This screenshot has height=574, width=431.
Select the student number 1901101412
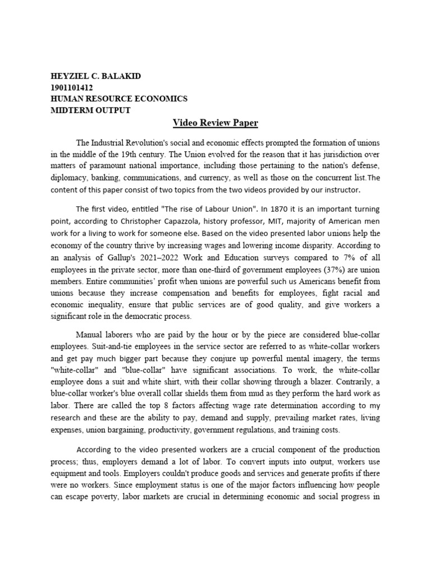click(72, 88)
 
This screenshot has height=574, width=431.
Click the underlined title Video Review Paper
click(215, 123)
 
